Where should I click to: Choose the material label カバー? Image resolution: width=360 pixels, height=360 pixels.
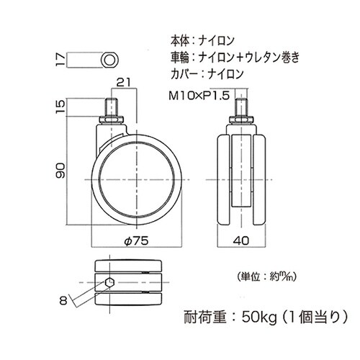click(x=180, y=73)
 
